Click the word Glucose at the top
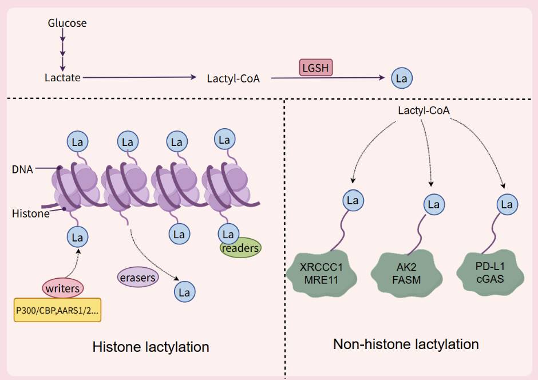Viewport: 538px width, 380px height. [x=68, y=23]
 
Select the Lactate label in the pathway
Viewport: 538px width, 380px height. [x=62, y=77]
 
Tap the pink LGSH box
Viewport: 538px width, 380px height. [x=316, y=68]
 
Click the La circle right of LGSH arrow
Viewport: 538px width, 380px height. [x=402, y=78]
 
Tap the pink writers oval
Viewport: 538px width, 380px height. [x=62, y=288]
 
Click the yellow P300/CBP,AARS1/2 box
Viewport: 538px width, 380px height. [x=57, y=310]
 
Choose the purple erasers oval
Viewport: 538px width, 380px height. [x=137, y=277]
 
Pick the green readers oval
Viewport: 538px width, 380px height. [x=240, y=248]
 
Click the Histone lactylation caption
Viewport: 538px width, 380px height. [x=151, y=347]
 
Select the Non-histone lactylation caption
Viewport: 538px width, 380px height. [x=406, y=345]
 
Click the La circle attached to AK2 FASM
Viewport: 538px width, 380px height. [x=434, y=204]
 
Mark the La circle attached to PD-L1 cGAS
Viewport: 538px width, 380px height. [x=506, y=204]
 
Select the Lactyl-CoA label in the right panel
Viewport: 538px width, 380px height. [x=421, y=109]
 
